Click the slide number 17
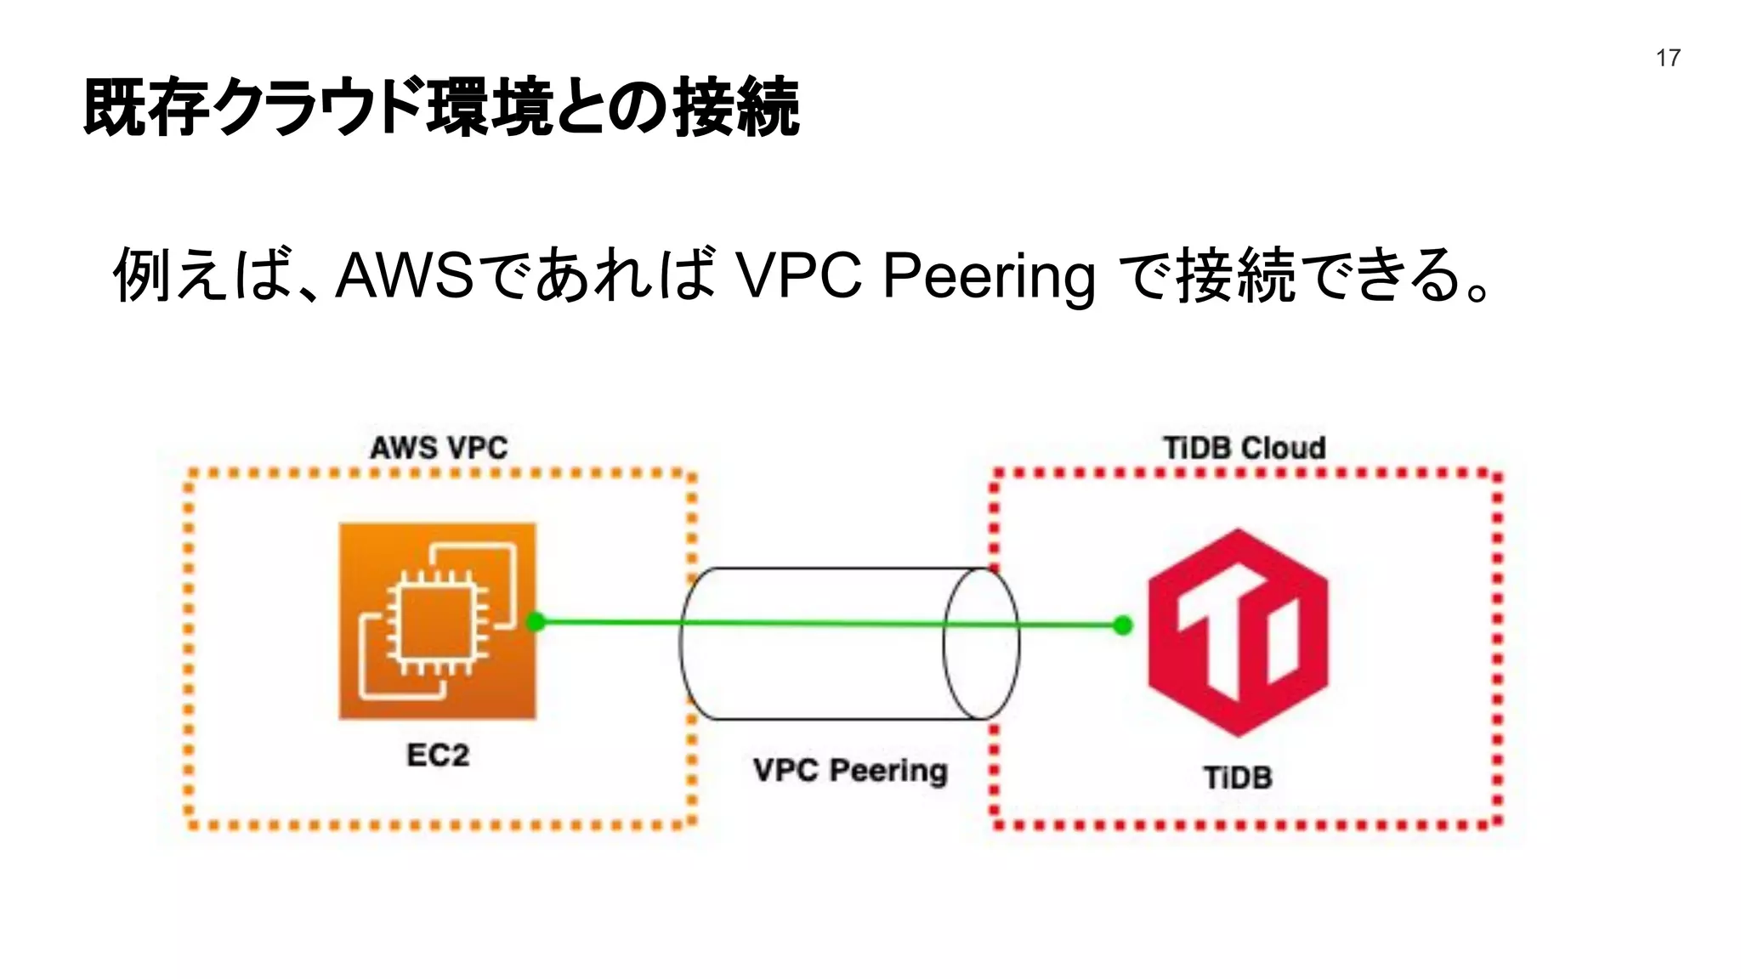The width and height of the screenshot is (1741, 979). tap(1668, 58)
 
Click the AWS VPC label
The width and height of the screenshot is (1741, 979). tap(439, 448)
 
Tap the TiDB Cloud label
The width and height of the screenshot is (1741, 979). tap(1244, 448)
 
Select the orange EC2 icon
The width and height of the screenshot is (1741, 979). tap(438, 621)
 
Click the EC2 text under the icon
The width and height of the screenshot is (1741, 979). tap(438, 755)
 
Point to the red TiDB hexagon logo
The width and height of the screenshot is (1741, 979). tap(1238, 633)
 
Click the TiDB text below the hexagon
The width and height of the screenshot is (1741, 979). tap(1238, 777)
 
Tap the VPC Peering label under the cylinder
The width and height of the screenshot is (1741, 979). tap(850, 770)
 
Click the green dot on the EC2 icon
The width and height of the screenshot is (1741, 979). tap(536, 622)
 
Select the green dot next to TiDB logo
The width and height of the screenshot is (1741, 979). tap(1123, 625)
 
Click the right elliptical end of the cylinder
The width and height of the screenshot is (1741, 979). tap(981, 643)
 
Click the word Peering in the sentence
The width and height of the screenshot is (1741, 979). tap(989, 276)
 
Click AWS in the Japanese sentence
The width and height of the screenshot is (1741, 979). tap(405, 276)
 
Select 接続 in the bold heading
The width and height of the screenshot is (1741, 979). tap(736, 108)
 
